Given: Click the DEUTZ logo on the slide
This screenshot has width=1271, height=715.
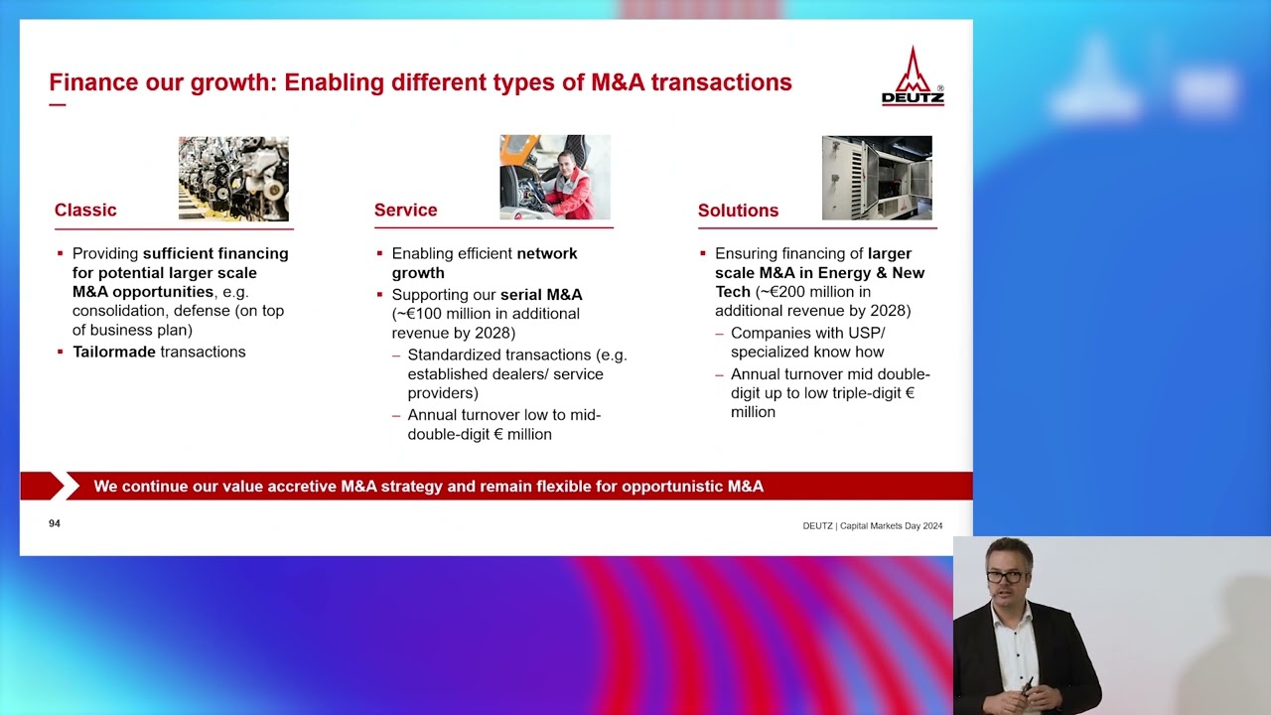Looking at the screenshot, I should coord(913,76).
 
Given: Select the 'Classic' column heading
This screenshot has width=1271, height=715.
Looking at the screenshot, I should coord(85,210).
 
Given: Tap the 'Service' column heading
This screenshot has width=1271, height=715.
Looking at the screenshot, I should coord(405,210).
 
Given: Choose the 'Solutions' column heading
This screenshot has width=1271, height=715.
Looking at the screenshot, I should coord(738,211).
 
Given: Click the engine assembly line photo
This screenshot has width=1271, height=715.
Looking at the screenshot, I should coord(233,179).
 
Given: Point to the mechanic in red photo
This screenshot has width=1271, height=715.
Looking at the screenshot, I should coord(554,177).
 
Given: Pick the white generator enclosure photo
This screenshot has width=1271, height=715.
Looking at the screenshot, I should coord(876,178).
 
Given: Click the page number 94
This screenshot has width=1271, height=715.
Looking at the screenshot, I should coord(55,523).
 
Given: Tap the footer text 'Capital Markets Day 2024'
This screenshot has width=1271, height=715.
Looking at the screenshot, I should coord(891,526).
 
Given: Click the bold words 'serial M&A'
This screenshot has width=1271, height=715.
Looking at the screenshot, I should coord(541,295).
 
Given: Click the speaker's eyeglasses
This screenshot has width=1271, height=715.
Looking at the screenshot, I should coord(1004,576).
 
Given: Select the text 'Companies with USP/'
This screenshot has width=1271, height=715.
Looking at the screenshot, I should coord(807,333).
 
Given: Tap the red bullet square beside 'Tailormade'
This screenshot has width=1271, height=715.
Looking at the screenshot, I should coord(61,352).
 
